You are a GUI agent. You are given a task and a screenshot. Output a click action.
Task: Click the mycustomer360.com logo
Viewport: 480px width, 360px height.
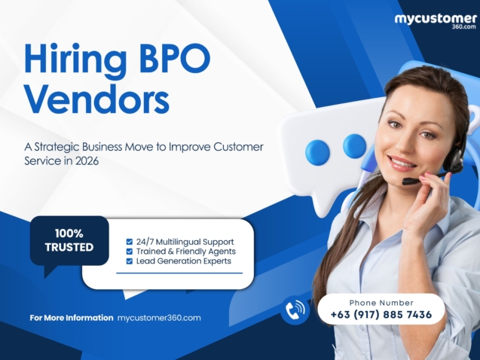click(436, 21)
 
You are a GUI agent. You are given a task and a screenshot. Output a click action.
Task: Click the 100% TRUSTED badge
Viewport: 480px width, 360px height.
click(69, 240)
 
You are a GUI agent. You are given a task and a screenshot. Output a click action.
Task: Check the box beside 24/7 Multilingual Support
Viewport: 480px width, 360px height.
click(130, 242)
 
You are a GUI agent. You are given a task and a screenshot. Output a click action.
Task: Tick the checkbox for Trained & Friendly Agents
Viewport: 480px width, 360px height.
click(130, 252)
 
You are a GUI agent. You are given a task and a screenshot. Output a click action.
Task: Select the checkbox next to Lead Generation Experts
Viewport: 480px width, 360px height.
click(130, 261)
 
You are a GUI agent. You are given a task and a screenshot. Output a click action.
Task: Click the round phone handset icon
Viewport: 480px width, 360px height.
click(295, 310)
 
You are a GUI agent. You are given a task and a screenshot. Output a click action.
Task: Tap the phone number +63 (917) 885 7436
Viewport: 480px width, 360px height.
click(381, 314)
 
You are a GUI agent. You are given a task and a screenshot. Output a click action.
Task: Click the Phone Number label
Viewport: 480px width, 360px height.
click(381, 302)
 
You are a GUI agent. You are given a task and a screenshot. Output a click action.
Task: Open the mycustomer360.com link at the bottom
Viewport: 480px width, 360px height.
click(159, 318)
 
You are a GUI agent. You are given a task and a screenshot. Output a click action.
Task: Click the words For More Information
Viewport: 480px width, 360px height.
click(72, 318)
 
